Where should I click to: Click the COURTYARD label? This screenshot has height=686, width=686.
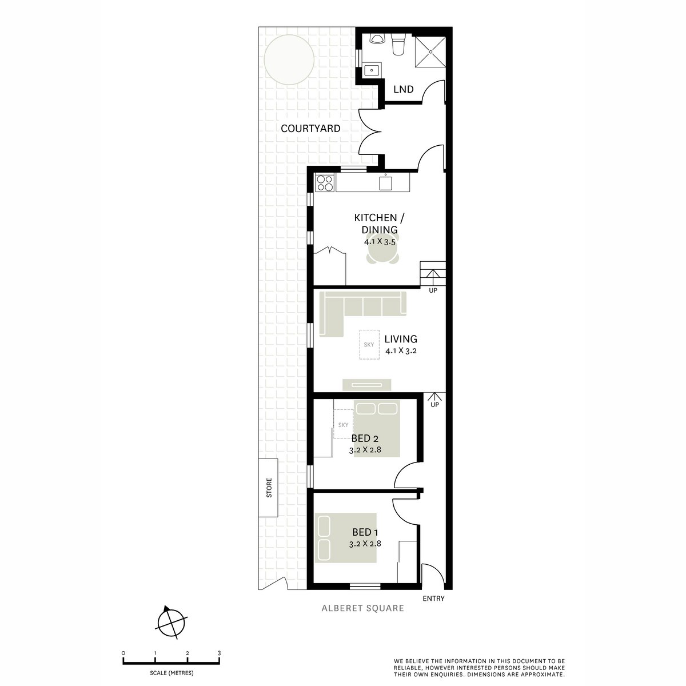tap(310, 129)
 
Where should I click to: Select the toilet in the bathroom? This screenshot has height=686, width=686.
tap(398, 45)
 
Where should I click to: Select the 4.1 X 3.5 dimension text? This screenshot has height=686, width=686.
tap(380, 242)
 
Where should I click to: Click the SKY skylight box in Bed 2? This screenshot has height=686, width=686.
tap(343, 425)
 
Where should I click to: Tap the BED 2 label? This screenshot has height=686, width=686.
tap(365, 438)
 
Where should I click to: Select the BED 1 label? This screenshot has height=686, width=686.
tap(365, 532)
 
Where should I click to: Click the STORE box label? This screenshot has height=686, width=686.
tap(269, 488)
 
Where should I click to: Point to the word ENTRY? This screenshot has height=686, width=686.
tap(433, 599)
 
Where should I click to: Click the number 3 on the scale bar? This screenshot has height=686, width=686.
tap(219, 653)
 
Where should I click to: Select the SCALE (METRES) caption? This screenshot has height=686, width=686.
tap(171, 672)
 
